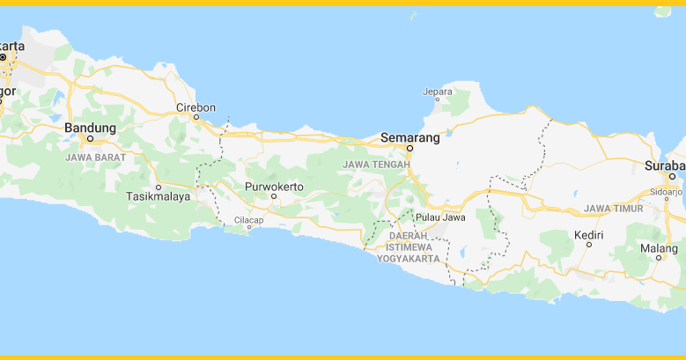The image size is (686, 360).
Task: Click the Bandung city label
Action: [x=91, y=128]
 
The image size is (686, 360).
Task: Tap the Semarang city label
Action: [x=409, y=137]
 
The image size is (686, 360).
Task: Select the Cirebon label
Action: [x=195, y=108]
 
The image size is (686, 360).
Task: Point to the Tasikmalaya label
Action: [x=159, y=197]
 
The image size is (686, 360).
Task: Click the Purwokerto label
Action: [x=274, y=187]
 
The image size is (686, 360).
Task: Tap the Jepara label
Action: [x=438, y=91]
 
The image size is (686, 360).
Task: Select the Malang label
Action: [x=659, y=248]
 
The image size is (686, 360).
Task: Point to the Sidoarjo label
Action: [x=667, y=190]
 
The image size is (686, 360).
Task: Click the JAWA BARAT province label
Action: [x=95, y=158]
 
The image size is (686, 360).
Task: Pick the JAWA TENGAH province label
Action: [x=377, y=165]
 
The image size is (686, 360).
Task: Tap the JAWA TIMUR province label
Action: [x=613, y=209]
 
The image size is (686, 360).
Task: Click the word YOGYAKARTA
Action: [x=408, y=259]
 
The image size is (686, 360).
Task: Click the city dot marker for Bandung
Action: [x=90, y=139]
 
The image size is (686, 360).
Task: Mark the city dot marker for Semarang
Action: [x=409, y=148]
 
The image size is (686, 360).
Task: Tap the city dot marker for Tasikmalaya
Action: [x=159, y=187]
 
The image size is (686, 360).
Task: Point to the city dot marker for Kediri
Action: [x=589, y=245]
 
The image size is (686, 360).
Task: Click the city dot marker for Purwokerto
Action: [x=274, y=197]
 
